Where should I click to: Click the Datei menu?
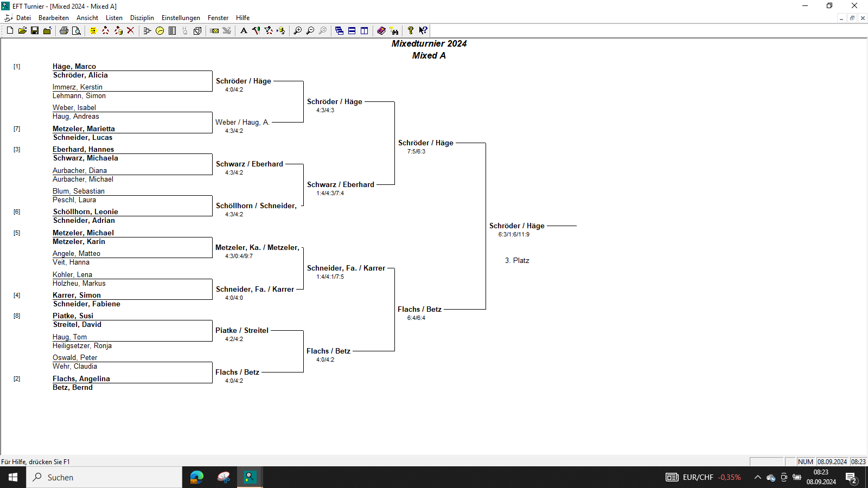click(x=23, y=18)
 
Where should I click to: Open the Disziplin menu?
click(x=142, y=18)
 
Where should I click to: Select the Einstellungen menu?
click(x=181, y=18)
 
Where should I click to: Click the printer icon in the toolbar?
click(x=64, y=30)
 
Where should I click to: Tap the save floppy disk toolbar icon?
click(x=35, y=30)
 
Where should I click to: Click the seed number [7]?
click(x=17, y=129)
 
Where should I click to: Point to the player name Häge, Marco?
click(x=74, y=66)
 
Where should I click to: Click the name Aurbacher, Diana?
click(x=79, y=170)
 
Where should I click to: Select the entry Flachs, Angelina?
click(x=81, y=379)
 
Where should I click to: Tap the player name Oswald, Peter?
click(x=75, y=357)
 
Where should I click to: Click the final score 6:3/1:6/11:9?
click(x=514, y=234)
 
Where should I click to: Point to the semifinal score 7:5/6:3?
click(x=416, y=151)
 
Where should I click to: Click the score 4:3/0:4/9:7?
click(x=239, y=256)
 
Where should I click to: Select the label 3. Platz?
click(x=517, y=261)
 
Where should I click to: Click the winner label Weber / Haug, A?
click(x=242, y=123)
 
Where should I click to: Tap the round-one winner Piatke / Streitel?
click(x=242, y=330)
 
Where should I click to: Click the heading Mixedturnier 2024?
click(x=429, y=43)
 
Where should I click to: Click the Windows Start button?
click(x=13, y=477)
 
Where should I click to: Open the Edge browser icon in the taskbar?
click(x=197, y=477)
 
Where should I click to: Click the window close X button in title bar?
click(x=854, y=6)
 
